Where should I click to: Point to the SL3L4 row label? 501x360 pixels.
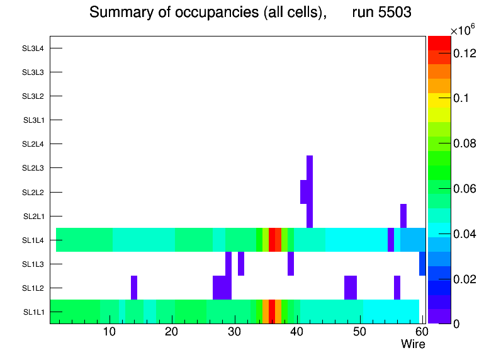pyautogui.click(x=33, y=48)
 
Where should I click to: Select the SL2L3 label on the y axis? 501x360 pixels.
pyautogui.click(x=33, y=168)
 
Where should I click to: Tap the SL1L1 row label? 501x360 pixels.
pyautogui.click(x=33, y=312)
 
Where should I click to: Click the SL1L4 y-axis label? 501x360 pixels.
pyautogui.click(x=33, y=240)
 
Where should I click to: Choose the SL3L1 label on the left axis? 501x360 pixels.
pyautogui.click(x=33, y=120)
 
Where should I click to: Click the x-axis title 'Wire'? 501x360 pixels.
pyautogui.click(x=413, y=344)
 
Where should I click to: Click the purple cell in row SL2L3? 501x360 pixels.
pyautogui.click(x=310, y=167)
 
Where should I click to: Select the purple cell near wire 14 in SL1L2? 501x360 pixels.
pyautogui.click(x=134, y=288)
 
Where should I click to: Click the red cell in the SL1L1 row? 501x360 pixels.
pyautogui.click(x=272, y=312)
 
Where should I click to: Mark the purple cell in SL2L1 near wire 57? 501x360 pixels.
pyautogui.click(x=403, y=216)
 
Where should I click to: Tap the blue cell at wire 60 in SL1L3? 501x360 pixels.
pyautogui.click(x=422, y=264)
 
